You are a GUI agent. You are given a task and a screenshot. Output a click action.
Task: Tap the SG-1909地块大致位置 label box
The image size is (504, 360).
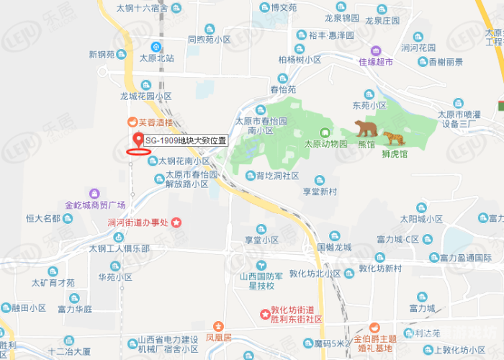click(186, 141)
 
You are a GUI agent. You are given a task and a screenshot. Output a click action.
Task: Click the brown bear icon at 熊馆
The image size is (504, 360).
click(367, 129)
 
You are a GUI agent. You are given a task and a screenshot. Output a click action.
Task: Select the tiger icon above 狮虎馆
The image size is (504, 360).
click(393, 138)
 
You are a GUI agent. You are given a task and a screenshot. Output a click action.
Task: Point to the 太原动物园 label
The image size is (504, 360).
click(325, 143)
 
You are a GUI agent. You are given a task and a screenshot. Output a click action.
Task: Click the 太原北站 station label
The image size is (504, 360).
click(157, 58)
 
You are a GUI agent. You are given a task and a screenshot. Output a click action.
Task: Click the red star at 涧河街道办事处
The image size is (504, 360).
click(176, 222)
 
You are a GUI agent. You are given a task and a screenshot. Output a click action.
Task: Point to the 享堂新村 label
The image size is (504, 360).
click(320, 192)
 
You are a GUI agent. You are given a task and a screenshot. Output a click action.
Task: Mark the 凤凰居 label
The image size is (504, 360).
click(218, 337)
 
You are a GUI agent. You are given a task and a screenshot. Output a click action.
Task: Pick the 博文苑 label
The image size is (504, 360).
click(284, 8)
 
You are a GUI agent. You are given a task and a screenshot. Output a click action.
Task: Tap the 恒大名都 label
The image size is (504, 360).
click(42, 218)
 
